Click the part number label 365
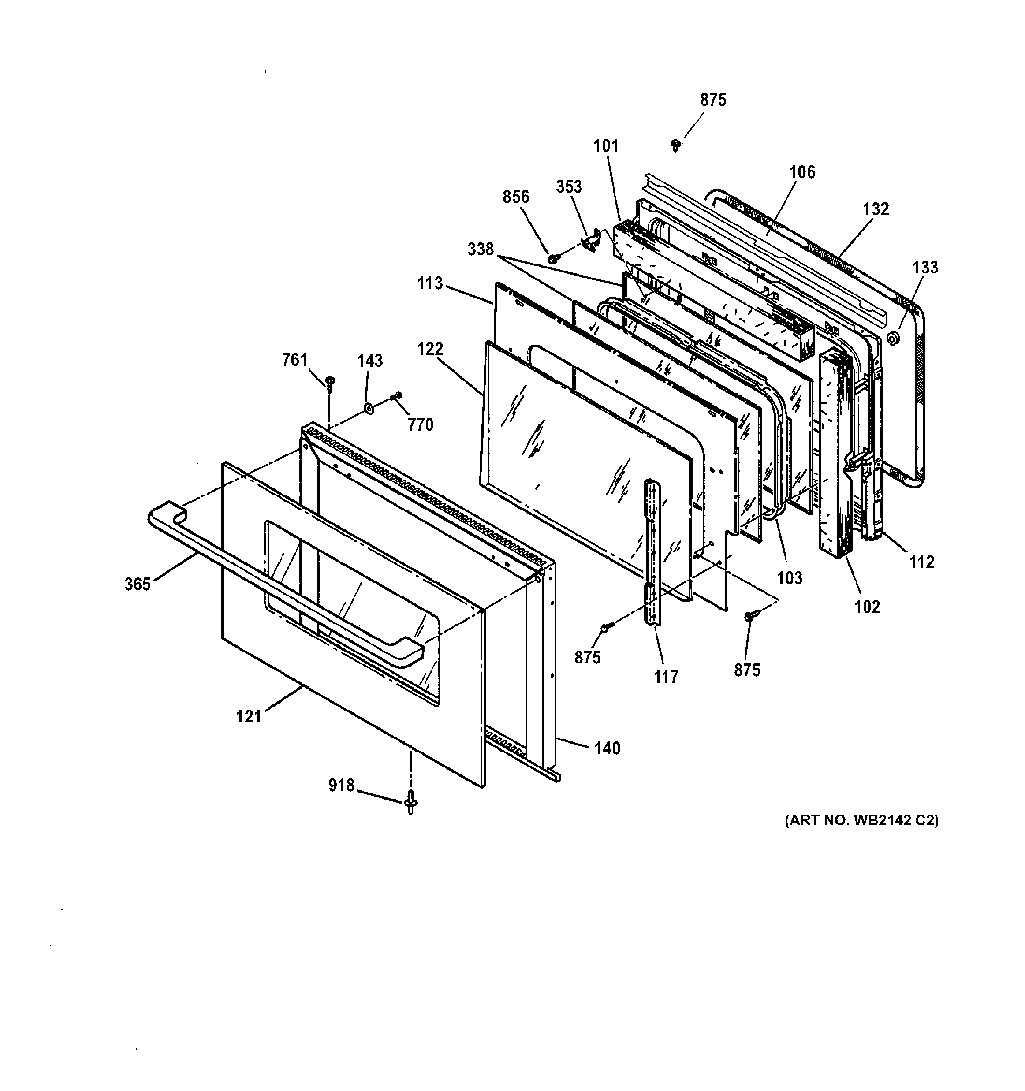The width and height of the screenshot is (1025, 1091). tap(137, 585)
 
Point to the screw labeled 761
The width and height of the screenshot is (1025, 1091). tap(330, 383)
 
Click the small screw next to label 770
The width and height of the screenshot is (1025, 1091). tap(397, 396)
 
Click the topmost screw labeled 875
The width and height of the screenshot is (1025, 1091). tap(676, 145)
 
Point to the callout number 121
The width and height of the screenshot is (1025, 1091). tap(249, 717)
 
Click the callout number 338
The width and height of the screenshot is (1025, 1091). tap(480, 249)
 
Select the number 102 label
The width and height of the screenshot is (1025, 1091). tap(867, 607)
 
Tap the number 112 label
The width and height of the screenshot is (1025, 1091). tap(921, 562)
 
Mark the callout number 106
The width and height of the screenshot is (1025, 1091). tap(802, 172)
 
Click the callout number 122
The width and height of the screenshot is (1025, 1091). tap(430, 349)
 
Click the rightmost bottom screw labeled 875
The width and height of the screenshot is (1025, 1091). tap(749, 617)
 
